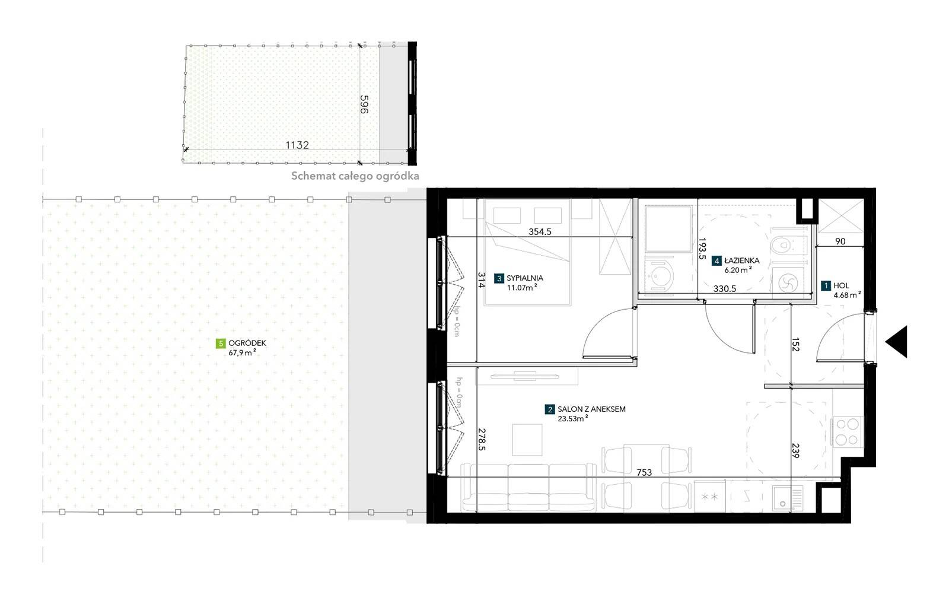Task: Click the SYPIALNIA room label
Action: coord(524,278)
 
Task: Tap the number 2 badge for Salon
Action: coord(549,409)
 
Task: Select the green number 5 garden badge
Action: coord(220,344)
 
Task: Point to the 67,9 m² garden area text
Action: coord(243,352)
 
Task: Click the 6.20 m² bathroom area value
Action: coord(738,269)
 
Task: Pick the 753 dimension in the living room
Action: coord(644,472)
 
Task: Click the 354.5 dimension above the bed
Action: coord(540,232)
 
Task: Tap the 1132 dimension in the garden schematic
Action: coord(297,145)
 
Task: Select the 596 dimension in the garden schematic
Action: coord(364,104)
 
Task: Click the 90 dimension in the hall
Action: coord(840,241)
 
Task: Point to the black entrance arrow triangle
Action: coord(896,342)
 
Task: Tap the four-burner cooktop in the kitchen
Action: coord(847,432)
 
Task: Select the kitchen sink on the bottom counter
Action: coord(788,498)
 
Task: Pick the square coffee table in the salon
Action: coord(527,440)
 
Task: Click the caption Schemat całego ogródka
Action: coord(355,176)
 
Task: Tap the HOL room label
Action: coord(842,285)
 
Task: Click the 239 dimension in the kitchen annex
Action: coord(795,450)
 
